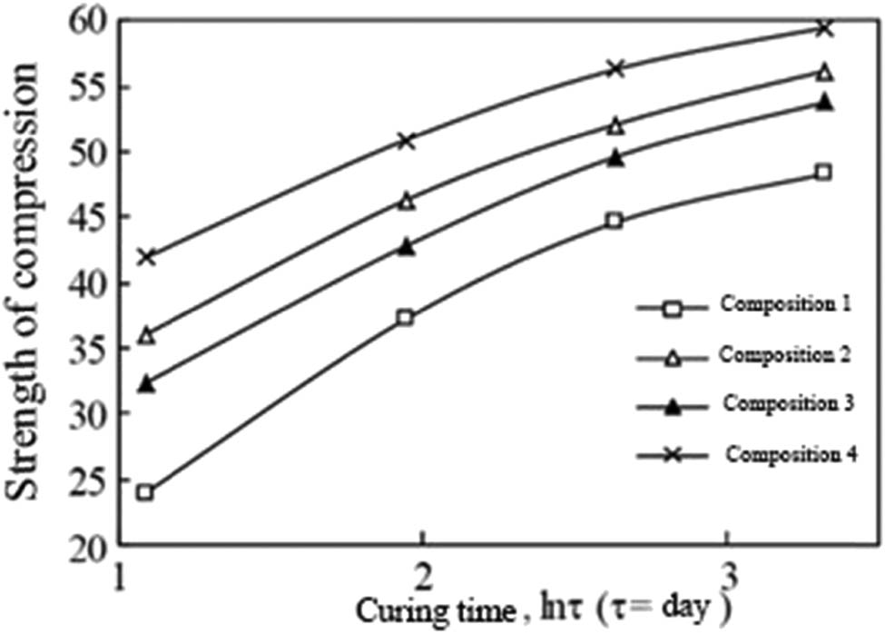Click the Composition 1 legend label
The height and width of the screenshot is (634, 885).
[x=785, y=304]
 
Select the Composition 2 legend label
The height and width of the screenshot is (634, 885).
[x=785, y=353]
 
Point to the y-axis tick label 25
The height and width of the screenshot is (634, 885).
[x=89, y=479]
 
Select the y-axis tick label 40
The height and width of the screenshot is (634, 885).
[x=89, y=283]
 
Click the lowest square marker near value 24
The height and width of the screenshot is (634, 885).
[x=145, y=493]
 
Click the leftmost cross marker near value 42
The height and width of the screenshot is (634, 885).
[x=145, y=257]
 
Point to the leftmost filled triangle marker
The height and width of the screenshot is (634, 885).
[x=145, y=384]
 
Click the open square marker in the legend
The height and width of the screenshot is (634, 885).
[x=672, y=309]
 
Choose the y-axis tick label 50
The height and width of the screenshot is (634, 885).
[x=89, y=151]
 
